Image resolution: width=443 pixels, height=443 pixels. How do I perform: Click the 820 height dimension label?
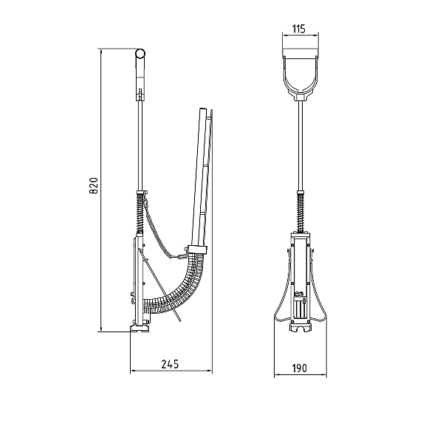click(94, 185)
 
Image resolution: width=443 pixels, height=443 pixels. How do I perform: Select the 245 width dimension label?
click(170, 364)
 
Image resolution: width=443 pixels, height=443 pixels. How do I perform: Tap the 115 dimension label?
click(298, 29)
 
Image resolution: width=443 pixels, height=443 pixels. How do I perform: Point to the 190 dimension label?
click(299, 368)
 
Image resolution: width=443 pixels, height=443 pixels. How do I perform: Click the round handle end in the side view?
click(140, 53)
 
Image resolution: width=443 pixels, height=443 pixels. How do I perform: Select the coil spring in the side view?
click(140, 212)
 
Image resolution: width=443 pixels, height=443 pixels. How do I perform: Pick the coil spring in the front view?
click(301, 211)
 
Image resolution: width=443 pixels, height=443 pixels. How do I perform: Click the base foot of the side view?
click(140, 329)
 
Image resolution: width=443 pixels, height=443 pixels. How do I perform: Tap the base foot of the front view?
click(301, 328)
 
